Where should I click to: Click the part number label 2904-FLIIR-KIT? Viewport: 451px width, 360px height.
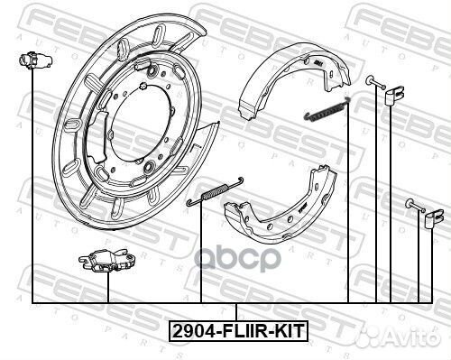pos(238,331)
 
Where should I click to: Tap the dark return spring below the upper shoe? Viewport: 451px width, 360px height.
pos(327,109)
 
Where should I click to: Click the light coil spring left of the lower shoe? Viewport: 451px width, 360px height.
pos(215,191)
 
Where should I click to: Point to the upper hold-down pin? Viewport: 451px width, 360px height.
pos(376,82)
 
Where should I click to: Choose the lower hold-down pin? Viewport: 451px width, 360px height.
pos(416,206)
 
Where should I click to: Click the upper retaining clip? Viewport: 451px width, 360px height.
pos(395,96)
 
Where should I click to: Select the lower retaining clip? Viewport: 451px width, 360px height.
pos(435,218)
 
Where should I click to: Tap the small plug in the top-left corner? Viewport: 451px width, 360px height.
pos(35,60)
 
